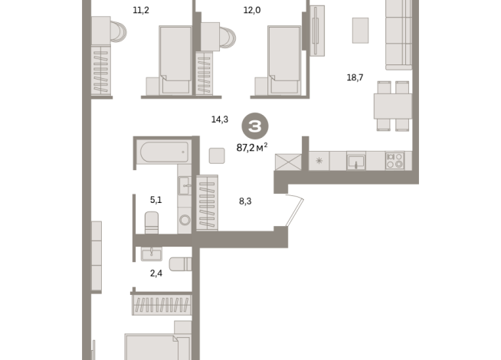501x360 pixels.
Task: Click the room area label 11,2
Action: [141, 11]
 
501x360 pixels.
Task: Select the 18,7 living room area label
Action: [355, 77]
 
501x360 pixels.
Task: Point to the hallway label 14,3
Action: [220, 119]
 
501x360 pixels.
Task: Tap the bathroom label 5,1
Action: [156, 200]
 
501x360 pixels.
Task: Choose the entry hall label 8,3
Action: [245, 201]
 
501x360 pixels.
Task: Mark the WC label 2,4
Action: [156, 273]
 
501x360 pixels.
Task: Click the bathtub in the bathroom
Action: [162, 152]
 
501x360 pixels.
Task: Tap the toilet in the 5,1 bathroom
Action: [152, 223]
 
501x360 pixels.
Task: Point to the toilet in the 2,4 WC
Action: [179, 264]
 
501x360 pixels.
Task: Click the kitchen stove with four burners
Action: [395, 161]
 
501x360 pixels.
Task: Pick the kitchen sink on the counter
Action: [356, 161]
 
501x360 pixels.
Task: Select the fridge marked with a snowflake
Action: [319, 161]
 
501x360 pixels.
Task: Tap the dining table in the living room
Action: [393, 106]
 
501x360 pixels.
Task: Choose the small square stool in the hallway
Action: [216, 155]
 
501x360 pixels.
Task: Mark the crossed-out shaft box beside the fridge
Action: [289, 161]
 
